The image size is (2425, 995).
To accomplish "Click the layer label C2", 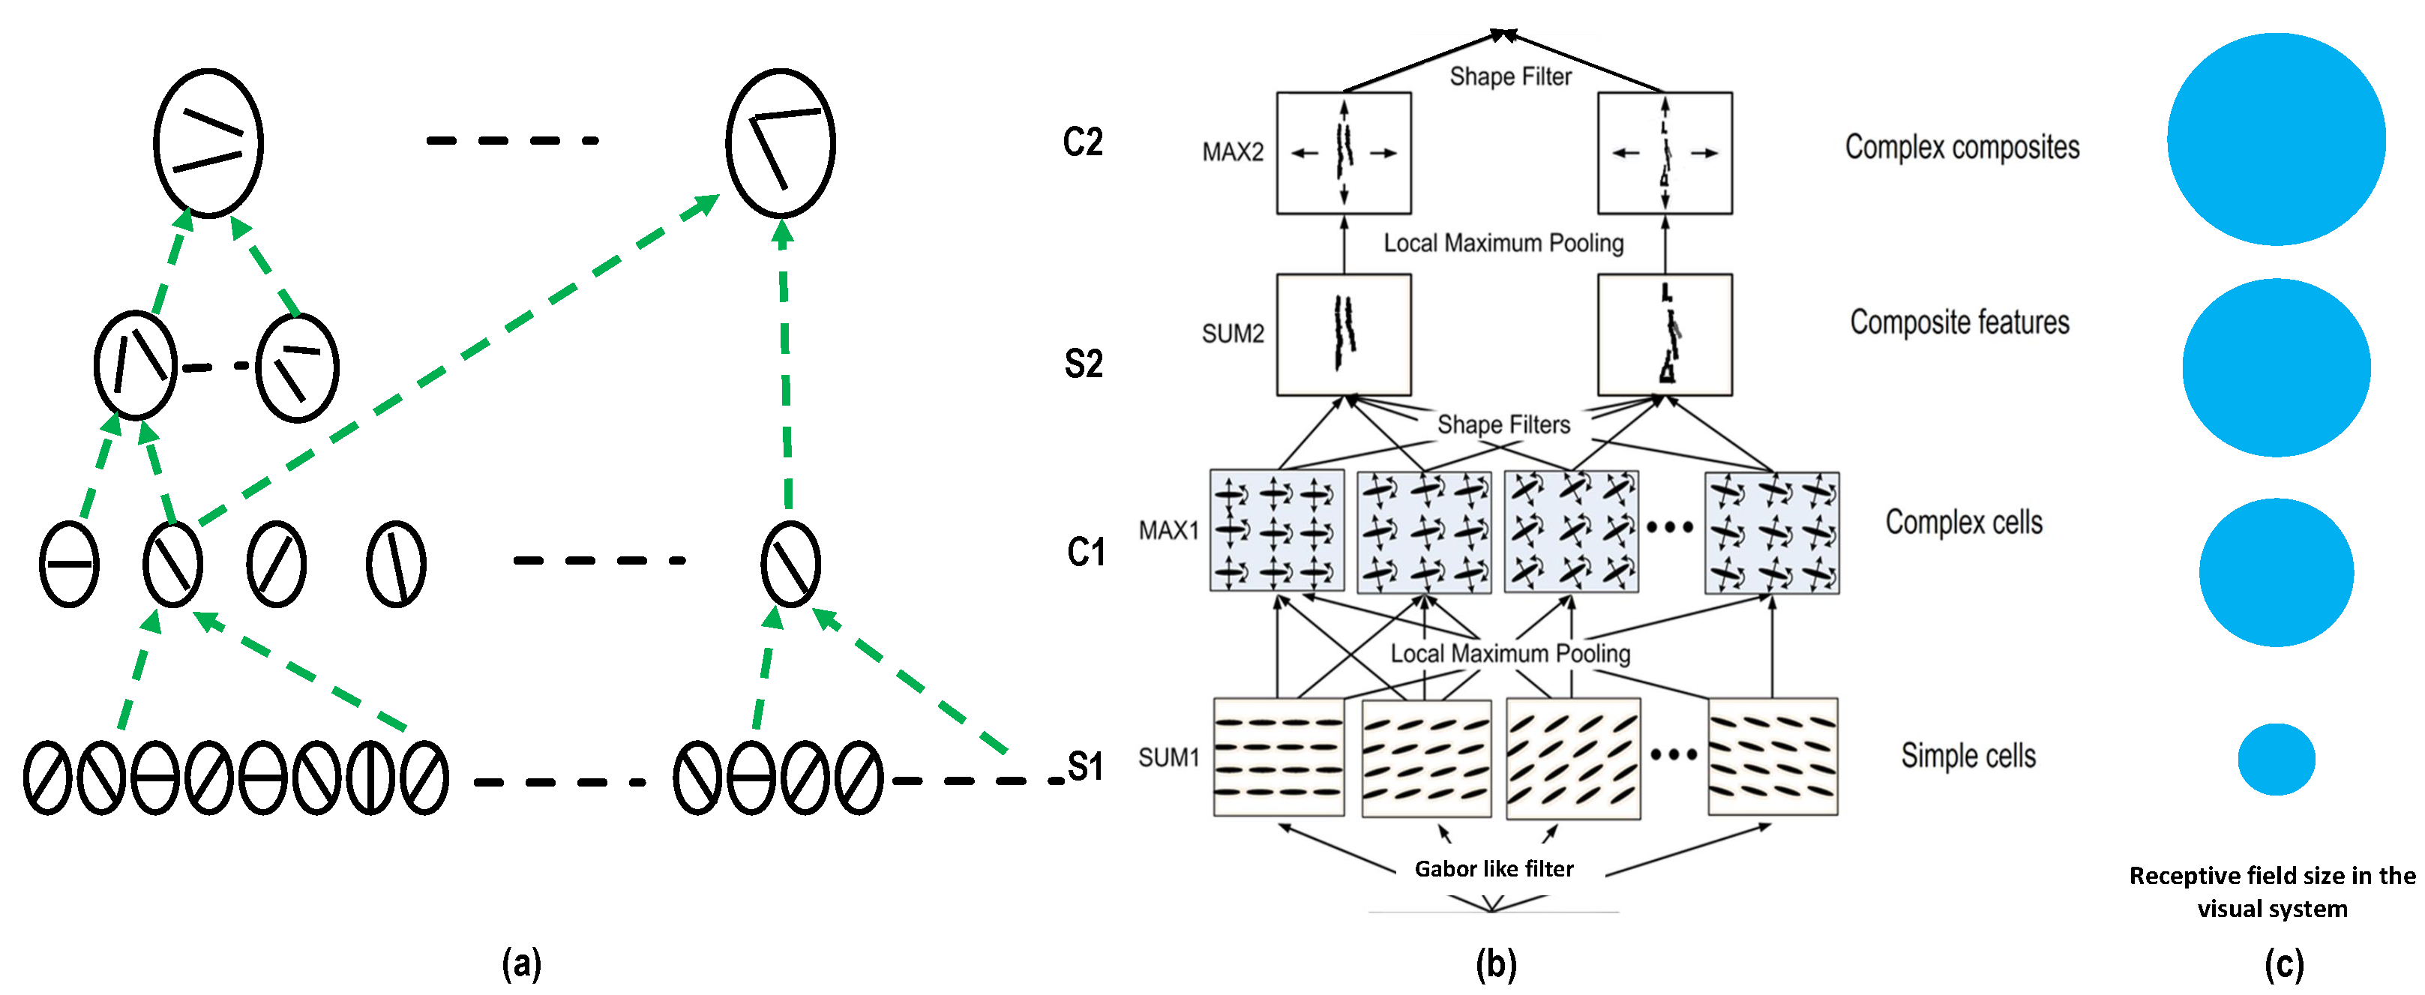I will pyautogui.click(x=1083, y=142).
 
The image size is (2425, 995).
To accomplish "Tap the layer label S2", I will pyautogui.click(x=1084, y=364).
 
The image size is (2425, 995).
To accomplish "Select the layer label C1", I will pyautogui.click(x=1086, y=552).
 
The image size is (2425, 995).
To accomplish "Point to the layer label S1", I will pyautogui.click(x=1086, y=766).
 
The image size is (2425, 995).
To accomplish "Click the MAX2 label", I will pyautogui.click(x=1232, y=151).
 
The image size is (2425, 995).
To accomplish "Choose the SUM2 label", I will pyautogui.click(x=1232, y=333).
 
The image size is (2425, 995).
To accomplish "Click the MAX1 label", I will pyautogui.click(x=1168, y=530).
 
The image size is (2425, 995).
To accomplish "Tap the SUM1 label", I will pyautogui.click(x=1168, y=757).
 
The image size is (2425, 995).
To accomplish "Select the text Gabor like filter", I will pyautogui.click(x=1494, y=868).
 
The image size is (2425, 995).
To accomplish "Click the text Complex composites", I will pyautogui.click(x=1962, y=147).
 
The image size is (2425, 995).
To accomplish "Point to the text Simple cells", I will pyautogui.click(x=1968, y=755).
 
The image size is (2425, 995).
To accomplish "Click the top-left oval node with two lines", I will pyautogui.click(x=208, y=143).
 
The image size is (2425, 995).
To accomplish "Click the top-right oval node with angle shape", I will pyautogui.click(x=781, y=143).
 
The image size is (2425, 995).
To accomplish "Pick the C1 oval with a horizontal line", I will pyautogui.click(x=70, y=564).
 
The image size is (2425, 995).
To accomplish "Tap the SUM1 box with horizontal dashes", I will pyautogui.click(x=1278, y=757).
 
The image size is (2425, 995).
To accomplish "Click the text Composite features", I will pyautogui.click(x=1959, y=322).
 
